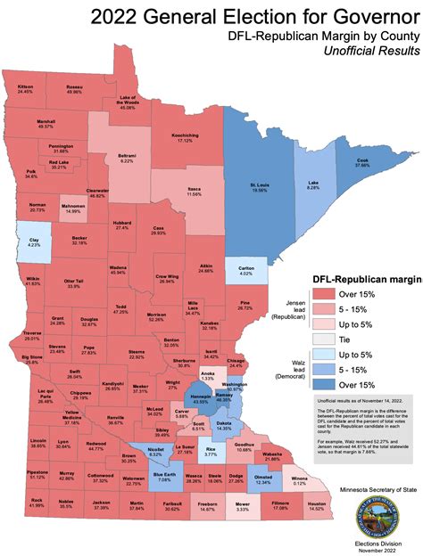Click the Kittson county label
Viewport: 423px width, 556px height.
(x=25, y=88)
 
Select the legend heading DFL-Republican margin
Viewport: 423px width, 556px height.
(x=366, y=282)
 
